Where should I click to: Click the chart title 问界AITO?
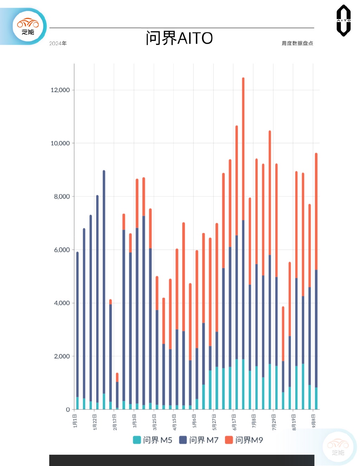179,38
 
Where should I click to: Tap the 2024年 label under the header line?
58,44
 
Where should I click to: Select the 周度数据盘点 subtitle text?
297,43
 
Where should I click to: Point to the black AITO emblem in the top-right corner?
343,20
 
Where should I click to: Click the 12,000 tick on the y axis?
60,90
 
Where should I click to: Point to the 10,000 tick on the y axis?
60,143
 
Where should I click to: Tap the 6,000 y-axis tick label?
62,250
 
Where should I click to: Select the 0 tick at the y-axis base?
68,409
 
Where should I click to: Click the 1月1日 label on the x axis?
75,421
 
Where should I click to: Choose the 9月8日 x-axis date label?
314,421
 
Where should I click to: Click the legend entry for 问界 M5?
153,440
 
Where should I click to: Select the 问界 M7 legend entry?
199,440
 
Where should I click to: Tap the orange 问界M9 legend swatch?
229,440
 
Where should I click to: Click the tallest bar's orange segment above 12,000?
243,148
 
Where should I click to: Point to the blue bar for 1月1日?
77,323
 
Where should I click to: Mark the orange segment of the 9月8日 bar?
316,211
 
